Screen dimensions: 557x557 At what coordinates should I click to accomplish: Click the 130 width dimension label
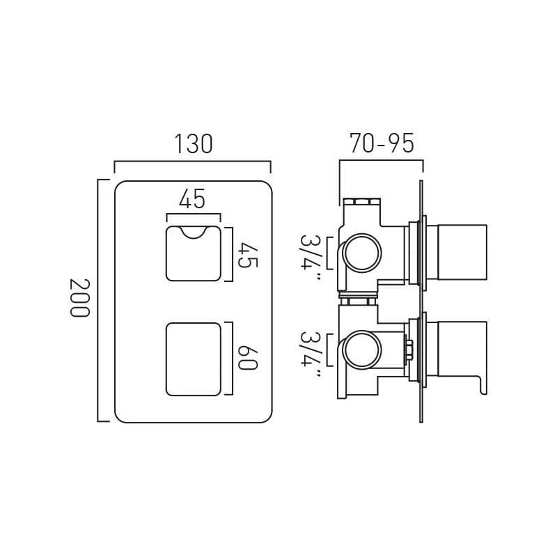click(193, 143)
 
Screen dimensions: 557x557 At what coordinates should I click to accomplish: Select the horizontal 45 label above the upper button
click(192, 199)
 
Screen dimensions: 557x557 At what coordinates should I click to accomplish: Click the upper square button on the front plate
click(193, 254)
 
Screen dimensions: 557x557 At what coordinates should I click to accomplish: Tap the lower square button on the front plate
click(193, 358)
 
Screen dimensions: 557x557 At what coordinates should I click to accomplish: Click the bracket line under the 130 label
click(193, 162)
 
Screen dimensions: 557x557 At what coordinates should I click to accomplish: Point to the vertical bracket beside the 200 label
click(99, 300)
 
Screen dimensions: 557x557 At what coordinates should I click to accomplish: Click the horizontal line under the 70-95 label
click(381, 161)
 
